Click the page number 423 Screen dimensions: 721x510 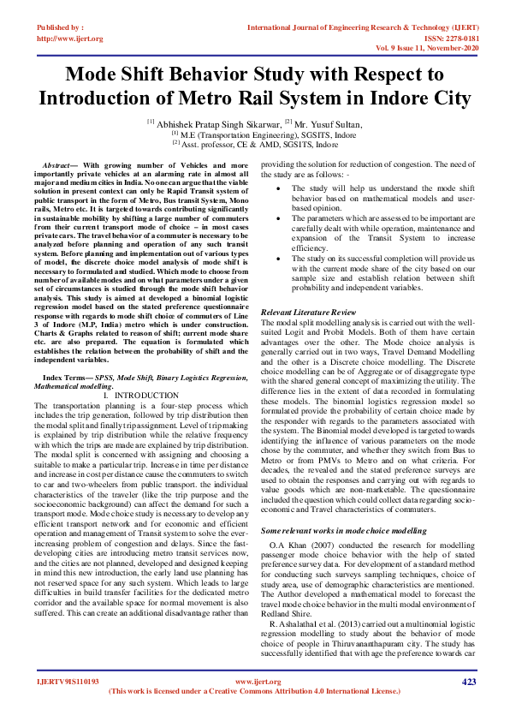(x=468, y=682)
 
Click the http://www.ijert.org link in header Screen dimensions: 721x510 (x=70, y=39)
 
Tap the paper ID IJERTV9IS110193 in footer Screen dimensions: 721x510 (x=68, y=682)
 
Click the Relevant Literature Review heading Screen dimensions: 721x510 (x=308, y=313)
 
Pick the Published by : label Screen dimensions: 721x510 (x=64, y=28)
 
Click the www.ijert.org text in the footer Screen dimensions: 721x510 (x=257, y=682)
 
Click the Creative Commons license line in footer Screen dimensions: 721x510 (x=255, y=690)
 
